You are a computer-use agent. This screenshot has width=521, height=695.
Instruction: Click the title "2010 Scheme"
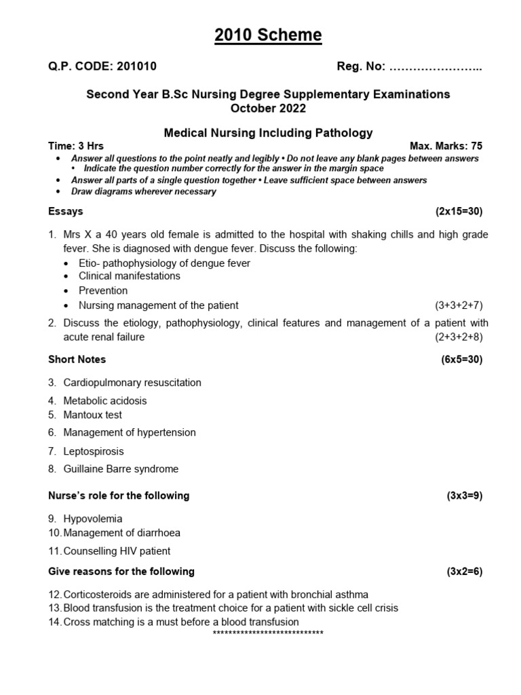click(x=268, y=35)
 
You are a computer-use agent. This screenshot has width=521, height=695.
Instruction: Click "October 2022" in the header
click(x=268, y=108)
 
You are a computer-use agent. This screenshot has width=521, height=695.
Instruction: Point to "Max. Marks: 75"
click(x=446, y=146)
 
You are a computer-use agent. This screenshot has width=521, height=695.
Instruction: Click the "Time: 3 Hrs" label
click(x=76, y=146)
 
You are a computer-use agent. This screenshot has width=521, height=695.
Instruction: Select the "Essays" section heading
click(x=66, y=211)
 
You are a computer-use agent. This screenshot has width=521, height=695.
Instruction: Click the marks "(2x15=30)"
click(x=459, y=211)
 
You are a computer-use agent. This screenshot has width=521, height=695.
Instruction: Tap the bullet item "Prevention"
click(x=103, y=290)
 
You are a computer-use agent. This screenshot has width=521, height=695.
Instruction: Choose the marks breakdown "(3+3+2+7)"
click(x=459, y=305)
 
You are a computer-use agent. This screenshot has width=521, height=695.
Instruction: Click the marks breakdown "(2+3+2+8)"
click(x=459, y=337)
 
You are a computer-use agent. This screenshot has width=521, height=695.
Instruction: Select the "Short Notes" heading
click(x=77, y=359)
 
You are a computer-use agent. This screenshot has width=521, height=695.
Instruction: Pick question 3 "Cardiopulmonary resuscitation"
click(x=132, y=383)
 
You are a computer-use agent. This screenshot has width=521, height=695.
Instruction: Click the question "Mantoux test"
click(x=92, y=415)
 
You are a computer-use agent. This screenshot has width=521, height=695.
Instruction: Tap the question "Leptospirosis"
click(x=94, y=451)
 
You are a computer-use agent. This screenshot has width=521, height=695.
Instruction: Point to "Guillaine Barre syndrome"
click(x=121, y=469)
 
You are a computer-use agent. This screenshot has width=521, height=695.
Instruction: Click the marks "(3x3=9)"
click(x=464, y=495)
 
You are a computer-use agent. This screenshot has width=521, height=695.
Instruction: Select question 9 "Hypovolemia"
click(x=93, y=519)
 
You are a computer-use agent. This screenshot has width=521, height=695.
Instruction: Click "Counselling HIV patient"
click(x=117, y=551)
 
